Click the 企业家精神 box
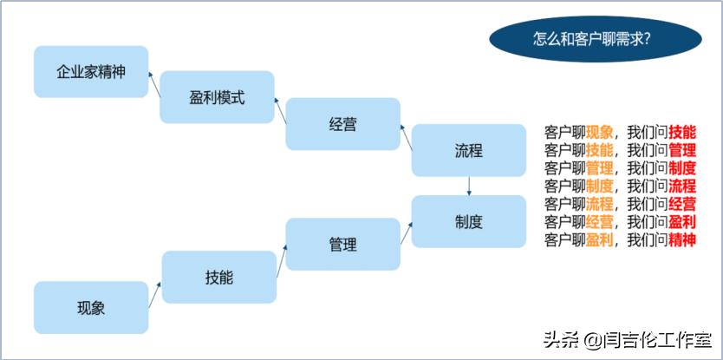tap(91, 71)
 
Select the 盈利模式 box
tap(217, 96)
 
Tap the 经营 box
tap(342, 124)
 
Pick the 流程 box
tap(468, 150)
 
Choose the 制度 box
tap(468, 221)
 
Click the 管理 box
tap(342, 245)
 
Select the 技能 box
tap(218, 277)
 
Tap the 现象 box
tap(91, 306)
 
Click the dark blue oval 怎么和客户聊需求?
tap(594, 39)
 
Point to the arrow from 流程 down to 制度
tap(469, 186)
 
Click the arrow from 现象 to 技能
tap(155, 293)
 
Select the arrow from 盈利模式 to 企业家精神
tap(154, 84)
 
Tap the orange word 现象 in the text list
tap(599, 133)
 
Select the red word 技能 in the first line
tap(682, 133)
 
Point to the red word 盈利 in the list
tap(682, 221)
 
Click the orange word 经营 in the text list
tap(599, 221)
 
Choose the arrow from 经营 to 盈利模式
tap(280, 110)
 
